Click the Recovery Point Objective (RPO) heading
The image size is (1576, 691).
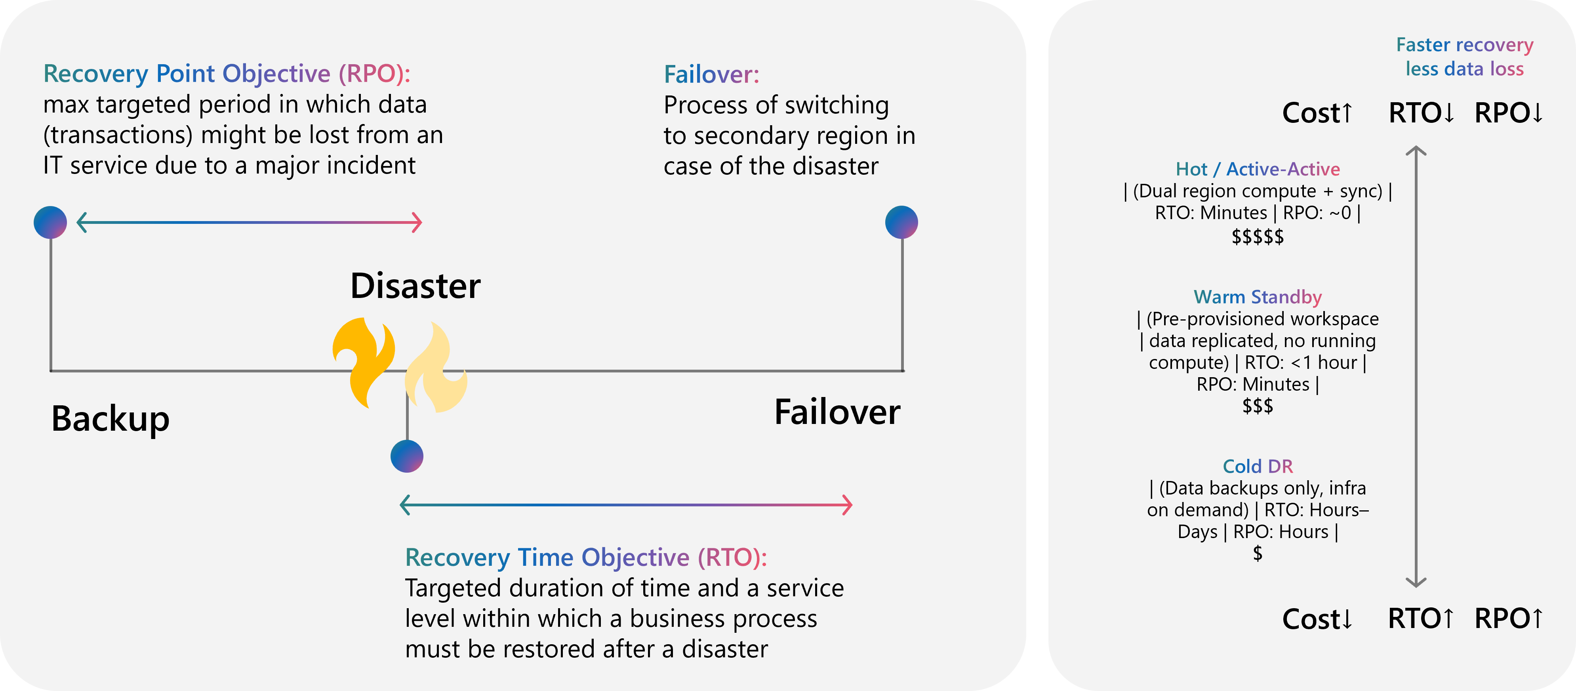click(x=227, y=73)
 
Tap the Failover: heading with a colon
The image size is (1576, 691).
click(x=711, y=74)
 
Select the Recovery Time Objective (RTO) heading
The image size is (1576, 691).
click(x=586, y=557)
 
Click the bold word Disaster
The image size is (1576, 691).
click(x=415, y=286)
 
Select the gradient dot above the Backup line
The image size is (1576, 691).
click(x=50, y=222)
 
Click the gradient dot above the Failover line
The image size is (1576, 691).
click(x=902, y=222)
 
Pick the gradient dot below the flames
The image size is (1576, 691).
click(x=407, y=456)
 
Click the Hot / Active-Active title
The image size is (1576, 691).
click(x=1258, y=169)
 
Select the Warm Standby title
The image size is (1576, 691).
click(x=1258, y=297)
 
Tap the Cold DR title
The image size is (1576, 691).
click(x=1258, y=466)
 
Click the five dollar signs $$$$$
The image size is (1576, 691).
click(x=1258, y=236)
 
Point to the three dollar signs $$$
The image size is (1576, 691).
click(x=1258, y=406)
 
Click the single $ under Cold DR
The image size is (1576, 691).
click(x=1258, y=553)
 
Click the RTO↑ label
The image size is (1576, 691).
click(x=1421, y=619)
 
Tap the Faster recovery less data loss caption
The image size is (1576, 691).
click(x=1465, y=57)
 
